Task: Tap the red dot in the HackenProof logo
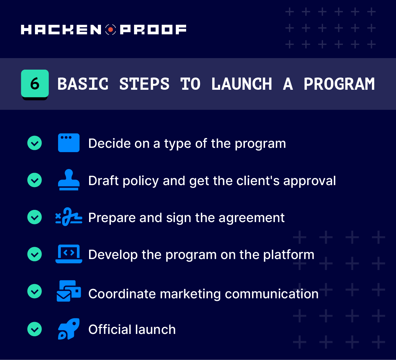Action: coord(111,30)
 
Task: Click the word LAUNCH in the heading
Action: coord(242,84)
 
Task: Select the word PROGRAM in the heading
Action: coord(339,84)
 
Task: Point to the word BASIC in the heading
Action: coord(83,84)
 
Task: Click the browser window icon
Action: coord(69,143)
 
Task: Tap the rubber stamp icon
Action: coord(69,180)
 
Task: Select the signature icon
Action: coord(69,217)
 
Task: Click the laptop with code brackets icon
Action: coord(69,254)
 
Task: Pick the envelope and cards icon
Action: coord(69,291)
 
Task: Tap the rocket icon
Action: coord(69,329)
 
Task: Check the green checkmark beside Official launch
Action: coord(35,329)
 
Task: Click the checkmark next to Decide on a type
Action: coord(35,143)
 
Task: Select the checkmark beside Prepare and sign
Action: coord(35,217)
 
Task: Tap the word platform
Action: coord(289,255)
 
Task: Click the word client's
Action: coord(258,180)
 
